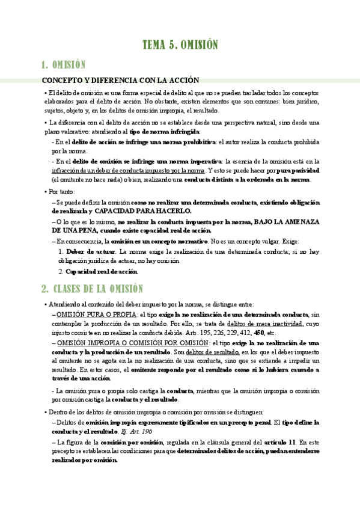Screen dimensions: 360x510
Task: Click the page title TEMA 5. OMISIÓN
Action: [180, 45]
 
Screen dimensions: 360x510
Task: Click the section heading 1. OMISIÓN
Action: [63, 65]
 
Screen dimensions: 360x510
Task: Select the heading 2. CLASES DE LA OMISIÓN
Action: [92, 289]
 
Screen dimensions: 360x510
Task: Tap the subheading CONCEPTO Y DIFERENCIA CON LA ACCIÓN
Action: [120, 81]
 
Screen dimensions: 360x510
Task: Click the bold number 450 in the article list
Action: [260, 333]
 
